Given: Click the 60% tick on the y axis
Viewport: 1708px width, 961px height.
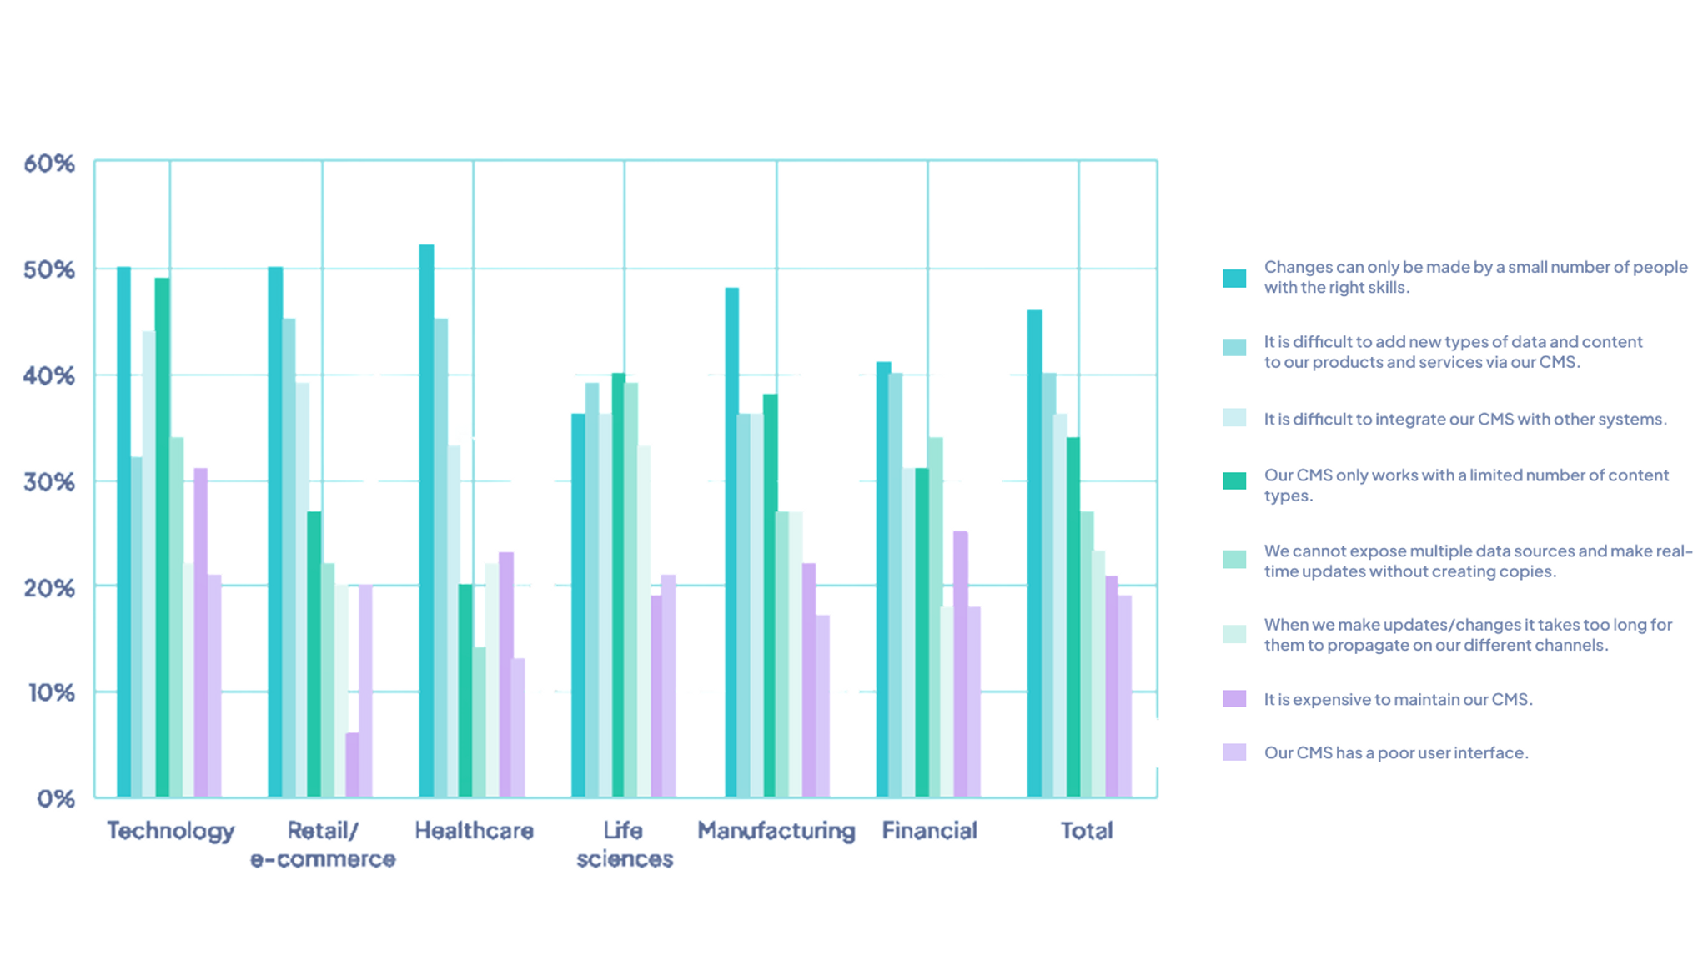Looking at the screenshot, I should click(49, 164).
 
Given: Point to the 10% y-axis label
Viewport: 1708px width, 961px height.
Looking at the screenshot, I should click(52, 692).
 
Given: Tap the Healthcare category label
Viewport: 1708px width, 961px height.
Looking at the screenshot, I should click(474, 831).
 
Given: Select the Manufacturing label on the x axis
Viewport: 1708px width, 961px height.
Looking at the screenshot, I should click(776, 831).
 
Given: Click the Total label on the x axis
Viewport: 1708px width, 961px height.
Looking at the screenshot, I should click(1086, 831).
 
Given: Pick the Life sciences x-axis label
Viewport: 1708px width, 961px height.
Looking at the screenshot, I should click(624, 844).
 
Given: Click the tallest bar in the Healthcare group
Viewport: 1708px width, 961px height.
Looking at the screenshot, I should click(426, 521).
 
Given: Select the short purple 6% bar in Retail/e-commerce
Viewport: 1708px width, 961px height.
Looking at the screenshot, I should click(353, 765).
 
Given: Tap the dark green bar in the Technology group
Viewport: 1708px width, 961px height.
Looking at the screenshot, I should click(162, 538).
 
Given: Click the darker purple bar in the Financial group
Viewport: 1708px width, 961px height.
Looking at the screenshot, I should click(961, 664).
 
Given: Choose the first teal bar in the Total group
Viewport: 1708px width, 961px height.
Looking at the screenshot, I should click(1034, 555).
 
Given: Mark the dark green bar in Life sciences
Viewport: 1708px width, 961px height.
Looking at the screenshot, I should click(618, 586).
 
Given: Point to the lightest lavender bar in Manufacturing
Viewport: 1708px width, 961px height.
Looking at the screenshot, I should click(822, 707).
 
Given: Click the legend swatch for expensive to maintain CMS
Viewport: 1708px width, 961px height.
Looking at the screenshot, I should click(1234, 699).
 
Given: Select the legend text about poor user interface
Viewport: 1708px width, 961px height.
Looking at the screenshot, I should click(1396, 752).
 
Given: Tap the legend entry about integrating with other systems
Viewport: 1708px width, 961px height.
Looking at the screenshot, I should click(1464, 419).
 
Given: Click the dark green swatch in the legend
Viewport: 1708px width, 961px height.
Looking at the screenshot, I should click(1234, 480).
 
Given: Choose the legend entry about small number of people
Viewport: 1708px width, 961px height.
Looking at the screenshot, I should click(1474, 277).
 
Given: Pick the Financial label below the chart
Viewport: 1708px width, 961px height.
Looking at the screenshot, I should click(929, 831).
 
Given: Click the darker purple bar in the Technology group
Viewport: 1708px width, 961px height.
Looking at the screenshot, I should click(200, 634).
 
